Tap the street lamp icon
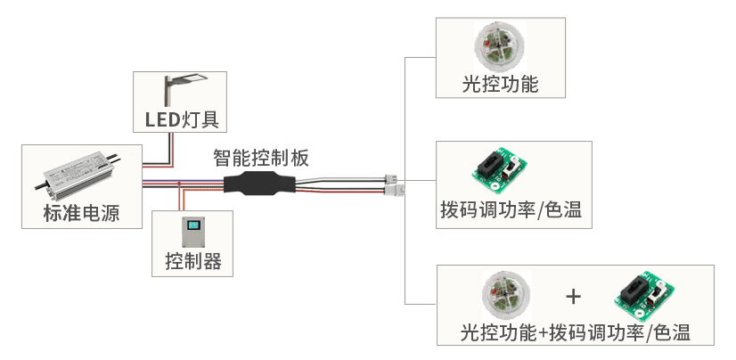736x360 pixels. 178,89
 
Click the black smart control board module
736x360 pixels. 259,184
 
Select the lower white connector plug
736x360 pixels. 393,190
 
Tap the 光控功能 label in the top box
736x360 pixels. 500,85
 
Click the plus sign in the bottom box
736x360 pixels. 574,295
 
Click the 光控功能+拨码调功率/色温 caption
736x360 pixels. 575,332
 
